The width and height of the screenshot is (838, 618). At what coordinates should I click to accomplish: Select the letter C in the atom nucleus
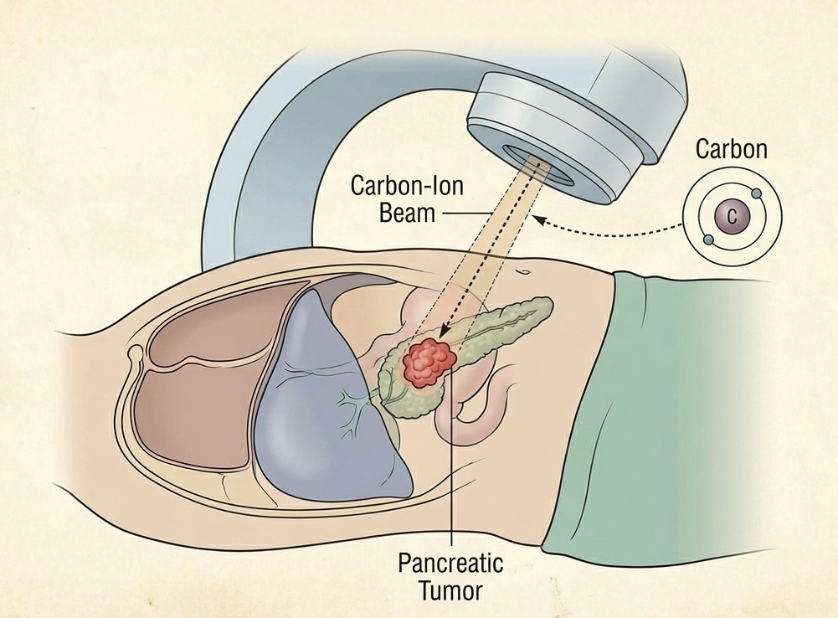[x=733, y=217]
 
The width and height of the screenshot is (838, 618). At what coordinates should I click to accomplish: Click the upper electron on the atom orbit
[x=758, y=194]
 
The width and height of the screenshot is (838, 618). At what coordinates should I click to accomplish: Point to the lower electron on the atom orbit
[x=708, y=240]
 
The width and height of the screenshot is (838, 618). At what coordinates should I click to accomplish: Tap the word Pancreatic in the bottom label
[x=450, y=564]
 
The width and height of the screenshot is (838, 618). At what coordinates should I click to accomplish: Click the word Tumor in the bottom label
[x=450, y=590]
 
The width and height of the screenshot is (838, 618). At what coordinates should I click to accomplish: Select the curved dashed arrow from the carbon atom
[x=611, y=230]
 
